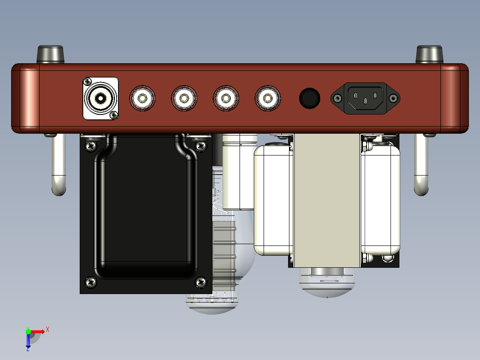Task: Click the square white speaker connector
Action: click(101, 98)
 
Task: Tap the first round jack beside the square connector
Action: click(142, 98)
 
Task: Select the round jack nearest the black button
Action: click(268, 98)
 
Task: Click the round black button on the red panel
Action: click(309, 98)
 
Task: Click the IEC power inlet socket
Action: click(365, 98)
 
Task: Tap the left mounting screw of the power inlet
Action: click(338, 98)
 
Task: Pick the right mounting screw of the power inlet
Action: click(393, 98)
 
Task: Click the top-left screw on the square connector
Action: click(87, 82)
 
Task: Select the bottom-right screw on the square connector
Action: click(114, 115)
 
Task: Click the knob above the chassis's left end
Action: click(50, 54)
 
